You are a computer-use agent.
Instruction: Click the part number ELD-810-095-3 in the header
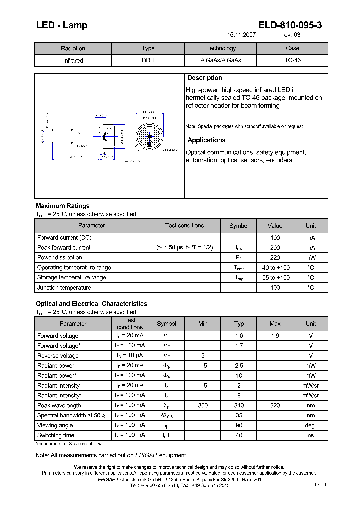293,25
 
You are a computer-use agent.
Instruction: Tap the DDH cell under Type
148,60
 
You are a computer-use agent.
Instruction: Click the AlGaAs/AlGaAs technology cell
220,60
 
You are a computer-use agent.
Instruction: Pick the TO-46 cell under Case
292,60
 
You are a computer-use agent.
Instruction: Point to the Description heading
205,78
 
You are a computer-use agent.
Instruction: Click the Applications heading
206,140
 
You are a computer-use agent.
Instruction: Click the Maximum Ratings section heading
63,206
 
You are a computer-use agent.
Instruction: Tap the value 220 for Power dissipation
275,258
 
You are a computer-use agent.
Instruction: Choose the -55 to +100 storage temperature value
275,278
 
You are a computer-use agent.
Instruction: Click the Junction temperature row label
64,288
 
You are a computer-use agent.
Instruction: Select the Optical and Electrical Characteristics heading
91,304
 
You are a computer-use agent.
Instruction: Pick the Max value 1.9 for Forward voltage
275,336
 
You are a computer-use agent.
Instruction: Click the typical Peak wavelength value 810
239,406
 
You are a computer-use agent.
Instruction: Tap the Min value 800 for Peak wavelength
203,406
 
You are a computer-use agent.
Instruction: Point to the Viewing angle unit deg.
311,426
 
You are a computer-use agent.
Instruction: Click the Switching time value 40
239,436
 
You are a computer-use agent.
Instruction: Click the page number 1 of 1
320,485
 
